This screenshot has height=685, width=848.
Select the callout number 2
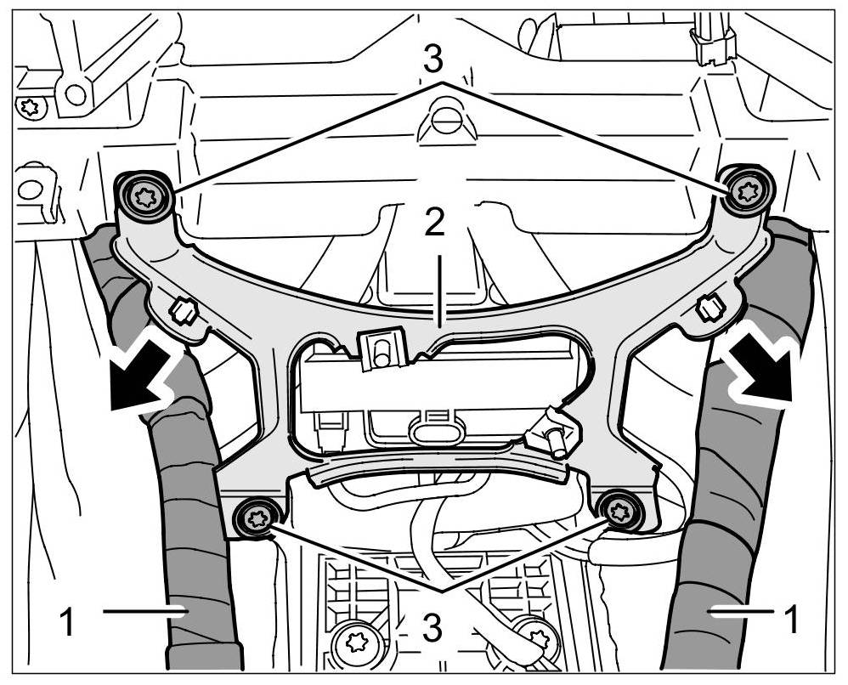click(434, 223)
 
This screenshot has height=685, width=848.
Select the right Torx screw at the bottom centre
click(535, 638)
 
